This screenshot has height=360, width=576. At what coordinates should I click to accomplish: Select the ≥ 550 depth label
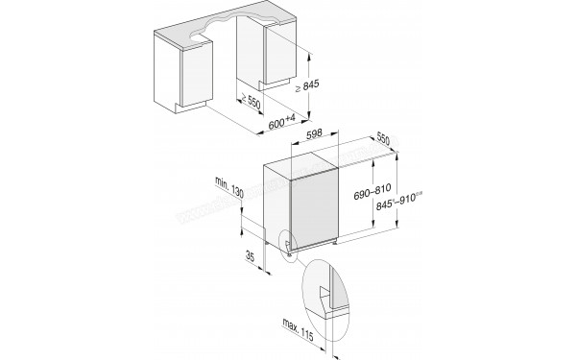(253, 103)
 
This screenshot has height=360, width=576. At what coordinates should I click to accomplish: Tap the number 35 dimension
(250, 257)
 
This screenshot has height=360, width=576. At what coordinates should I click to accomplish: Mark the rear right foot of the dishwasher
(335, 242)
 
